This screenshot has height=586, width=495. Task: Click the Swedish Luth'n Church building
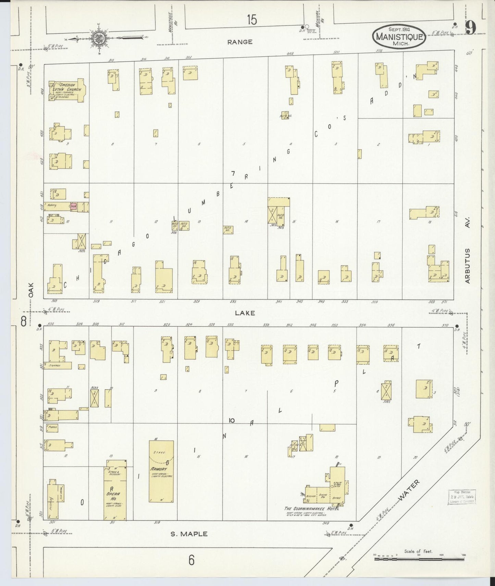[67, 90]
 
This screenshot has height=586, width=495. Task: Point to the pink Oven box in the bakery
[73, 206]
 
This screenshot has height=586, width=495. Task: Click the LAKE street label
[245, 313]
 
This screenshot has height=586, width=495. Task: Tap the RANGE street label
[240, 42]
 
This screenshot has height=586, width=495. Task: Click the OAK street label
[32, 290]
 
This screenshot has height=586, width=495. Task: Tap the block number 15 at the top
[252, 20]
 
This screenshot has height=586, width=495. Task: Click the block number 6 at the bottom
[191, 560]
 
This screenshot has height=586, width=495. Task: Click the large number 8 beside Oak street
[24, 321]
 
